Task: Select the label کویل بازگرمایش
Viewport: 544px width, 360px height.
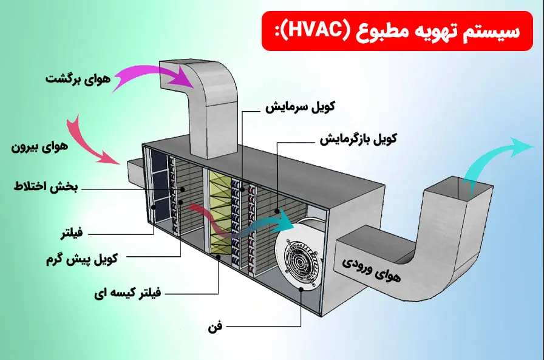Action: coord(359,138)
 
